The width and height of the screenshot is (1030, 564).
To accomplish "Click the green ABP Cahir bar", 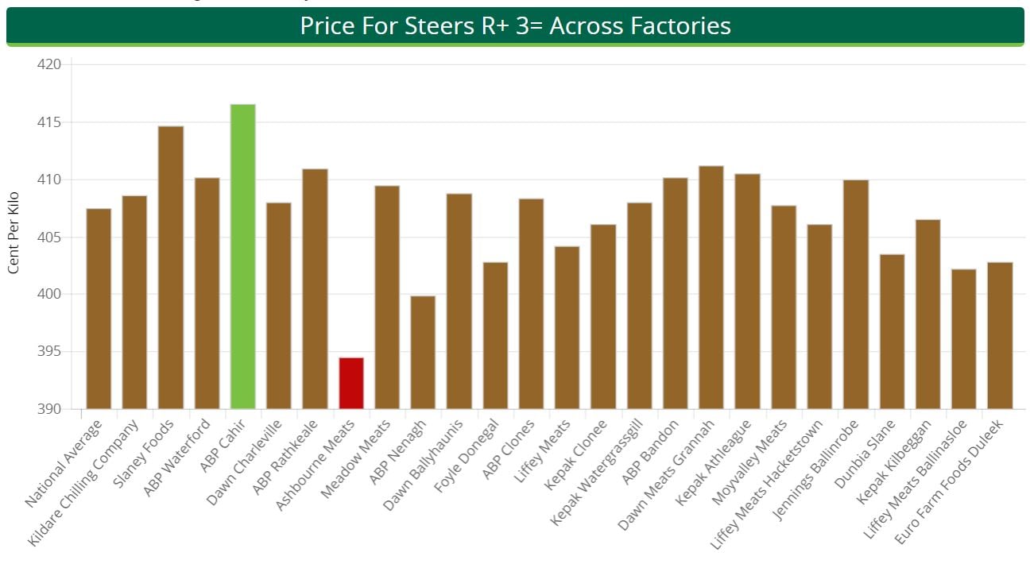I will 242,256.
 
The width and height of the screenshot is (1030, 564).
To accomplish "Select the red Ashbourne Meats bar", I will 350,383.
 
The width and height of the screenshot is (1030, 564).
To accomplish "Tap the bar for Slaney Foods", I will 171,267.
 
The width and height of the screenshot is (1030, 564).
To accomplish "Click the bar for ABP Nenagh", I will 423,352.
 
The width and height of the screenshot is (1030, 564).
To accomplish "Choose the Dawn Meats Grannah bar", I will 711,287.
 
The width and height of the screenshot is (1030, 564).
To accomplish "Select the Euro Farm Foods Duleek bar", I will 1000,335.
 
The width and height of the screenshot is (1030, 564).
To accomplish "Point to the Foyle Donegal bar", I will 495,335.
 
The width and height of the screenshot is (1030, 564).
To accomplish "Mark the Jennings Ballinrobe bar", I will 855,294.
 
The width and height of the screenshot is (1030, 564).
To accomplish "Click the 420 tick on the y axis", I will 49,64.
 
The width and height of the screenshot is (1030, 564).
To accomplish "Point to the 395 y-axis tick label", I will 49,352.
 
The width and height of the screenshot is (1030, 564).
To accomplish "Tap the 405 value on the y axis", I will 49,238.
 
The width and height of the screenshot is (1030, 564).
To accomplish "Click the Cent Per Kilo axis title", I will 14,233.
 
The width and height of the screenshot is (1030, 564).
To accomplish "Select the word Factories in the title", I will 680,26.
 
